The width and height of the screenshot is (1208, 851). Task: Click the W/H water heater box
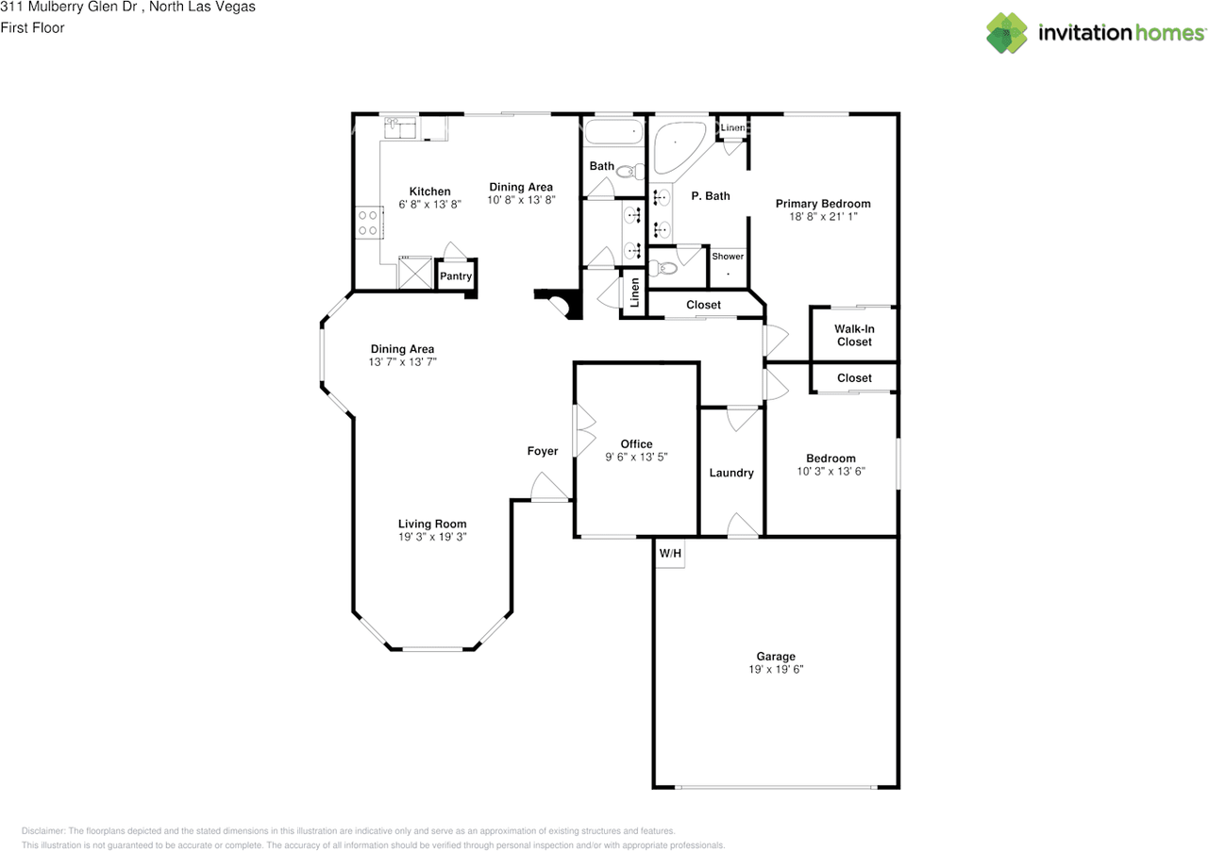[670, 553]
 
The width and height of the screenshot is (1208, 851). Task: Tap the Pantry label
[456, 276]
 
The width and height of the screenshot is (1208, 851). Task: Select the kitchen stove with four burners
[369, 223]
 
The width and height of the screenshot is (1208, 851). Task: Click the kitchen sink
[399, 128]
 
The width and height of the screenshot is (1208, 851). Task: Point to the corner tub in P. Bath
[677, 144]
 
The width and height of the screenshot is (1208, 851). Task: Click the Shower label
[728, 257]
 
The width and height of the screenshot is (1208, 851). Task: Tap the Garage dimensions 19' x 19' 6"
[776, 669]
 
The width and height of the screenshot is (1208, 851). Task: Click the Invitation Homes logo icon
[1007, 33]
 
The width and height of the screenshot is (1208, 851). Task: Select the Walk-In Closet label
[854, 335]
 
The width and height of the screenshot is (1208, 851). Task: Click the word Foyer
[543, 451]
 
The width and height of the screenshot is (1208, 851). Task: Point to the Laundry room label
[731, 473]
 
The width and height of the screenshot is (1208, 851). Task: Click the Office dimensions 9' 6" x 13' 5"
[636, 457]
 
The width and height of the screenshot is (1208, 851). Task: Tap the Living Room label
[432, 524]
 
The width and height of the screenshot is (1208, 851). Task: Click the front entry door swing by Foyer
[549, 487]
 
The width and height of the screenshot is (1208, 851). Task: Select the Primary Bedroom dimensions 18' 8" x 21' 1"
[823, 216]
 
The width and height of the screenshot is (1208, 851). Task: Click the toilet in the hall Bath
[630, 172]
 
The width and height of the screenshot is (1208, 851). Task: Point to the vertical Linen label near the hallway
[635, 292]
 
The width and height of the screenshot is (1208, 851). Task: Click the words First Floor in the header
[32, 27]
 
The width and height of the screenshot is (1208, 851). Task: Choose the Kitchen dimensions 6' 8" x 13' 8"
[429, 204]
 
